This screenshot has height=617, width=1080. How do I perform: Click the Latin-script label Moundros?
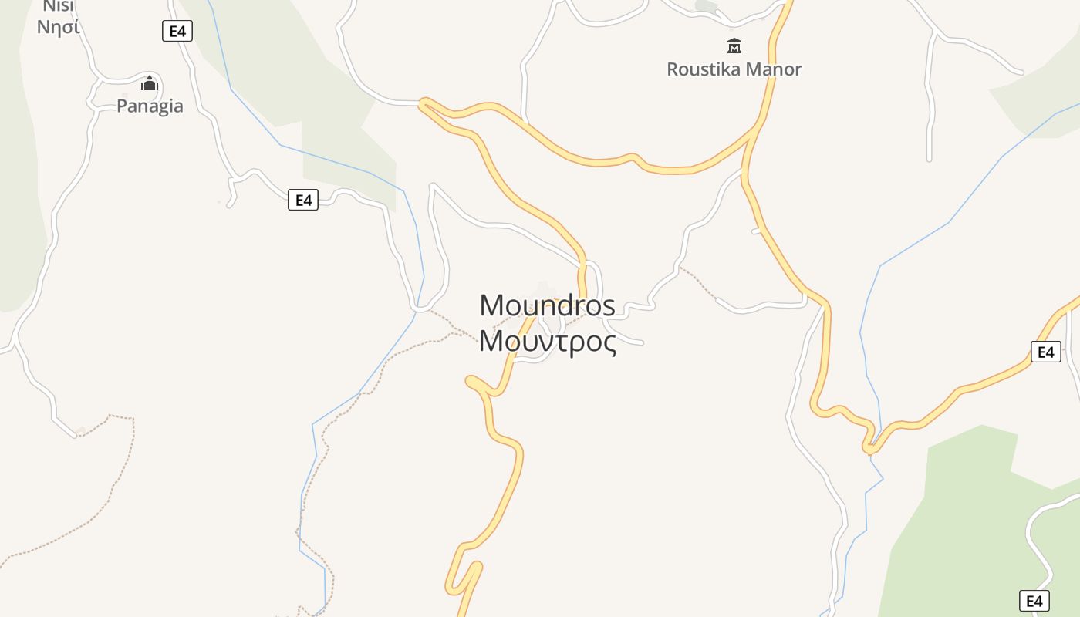coord(547,305)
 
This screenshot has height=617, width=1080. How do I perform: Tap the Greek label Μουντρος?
coord(547,342)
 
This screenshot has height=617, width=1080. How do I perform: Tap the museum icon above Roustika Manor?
coord(734,46)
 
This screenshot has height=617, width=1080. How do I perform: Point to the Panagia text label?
coord(150,106)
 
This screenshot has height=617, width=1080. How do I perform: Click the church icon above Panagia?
coord(150,83)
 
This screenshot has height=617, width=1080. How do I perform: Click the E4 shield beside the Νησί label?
coord(177,31)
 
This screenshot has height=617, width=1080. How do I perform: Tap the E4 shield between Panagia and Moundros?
coord(303,201)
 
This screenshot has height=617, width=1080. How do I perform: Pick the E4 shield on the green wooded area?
coord(1034,601)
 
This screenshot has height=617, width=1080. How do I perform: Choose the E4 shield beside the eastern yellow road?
coord(1045,352)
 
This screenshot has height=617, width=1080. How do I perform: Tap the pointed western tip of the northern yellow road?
coord(422,103)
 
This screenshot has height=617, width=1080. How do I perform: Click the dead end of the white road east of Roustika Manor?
coord(929,159)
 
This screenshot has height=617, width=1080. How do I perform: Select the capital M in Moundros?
coord(491,305)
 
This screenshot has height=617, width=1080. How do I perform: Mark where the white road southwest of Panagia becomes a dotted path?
coord(76,435)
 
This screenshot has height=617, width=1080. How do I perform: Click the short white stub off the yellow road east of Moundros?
coord(757,231)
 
